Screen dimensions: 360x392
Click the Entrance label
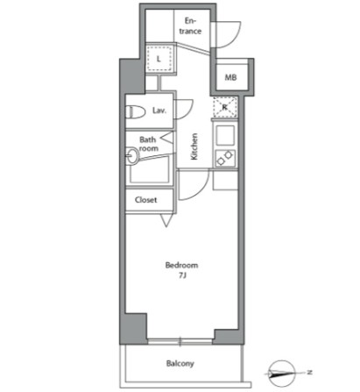pyautogui.click(x=190, y=26)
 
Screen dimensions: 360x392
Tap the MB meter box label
pyautogui.click(x=230, y=77)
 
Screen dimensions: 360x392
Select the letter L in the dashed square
pyautogui.click(x=159, y=59)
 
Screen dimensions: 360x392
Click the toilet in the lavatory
pyautogui.click(x=136, y=112)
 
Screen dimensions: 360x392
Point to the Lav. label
pyautogui.click(x=159, y=110)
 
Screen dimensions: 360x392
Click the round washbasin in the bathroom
pyautogui.click(x=132, y=155)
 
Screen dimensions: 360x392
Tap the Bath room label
pyautogui.click(x=149, y=144)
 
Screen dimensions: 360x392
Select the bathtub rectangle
pyautogui.click(x=150, y=169)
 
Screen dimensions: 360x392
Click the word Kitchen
pyautogui.click(x=194, y=146)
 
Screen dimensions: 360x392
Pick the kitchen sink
pyautogui.click(x=225, y=135)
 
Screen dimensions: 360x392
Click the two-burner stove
pyautogui.click(x=225, y=158)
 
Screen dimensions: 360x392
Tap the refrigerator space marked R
pyautogui.click(x=225, y=107)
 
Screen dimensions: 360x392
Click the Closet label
pyautogui.click(x=145, y=200)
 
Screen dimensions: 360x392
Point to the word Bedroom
pyautogui.click(x=181, y=265)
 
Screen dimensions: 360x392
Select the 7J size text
pyautogui.click(x=182, y=275)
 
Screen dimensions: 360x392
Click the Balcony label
pyautogui.click(x=180, y=364)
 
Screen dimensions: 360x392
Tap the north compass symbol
pyautogui.click(x=282, y=374)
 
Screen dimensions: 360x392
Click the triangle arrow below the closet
pyautogui.click(x=166, y=220)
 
